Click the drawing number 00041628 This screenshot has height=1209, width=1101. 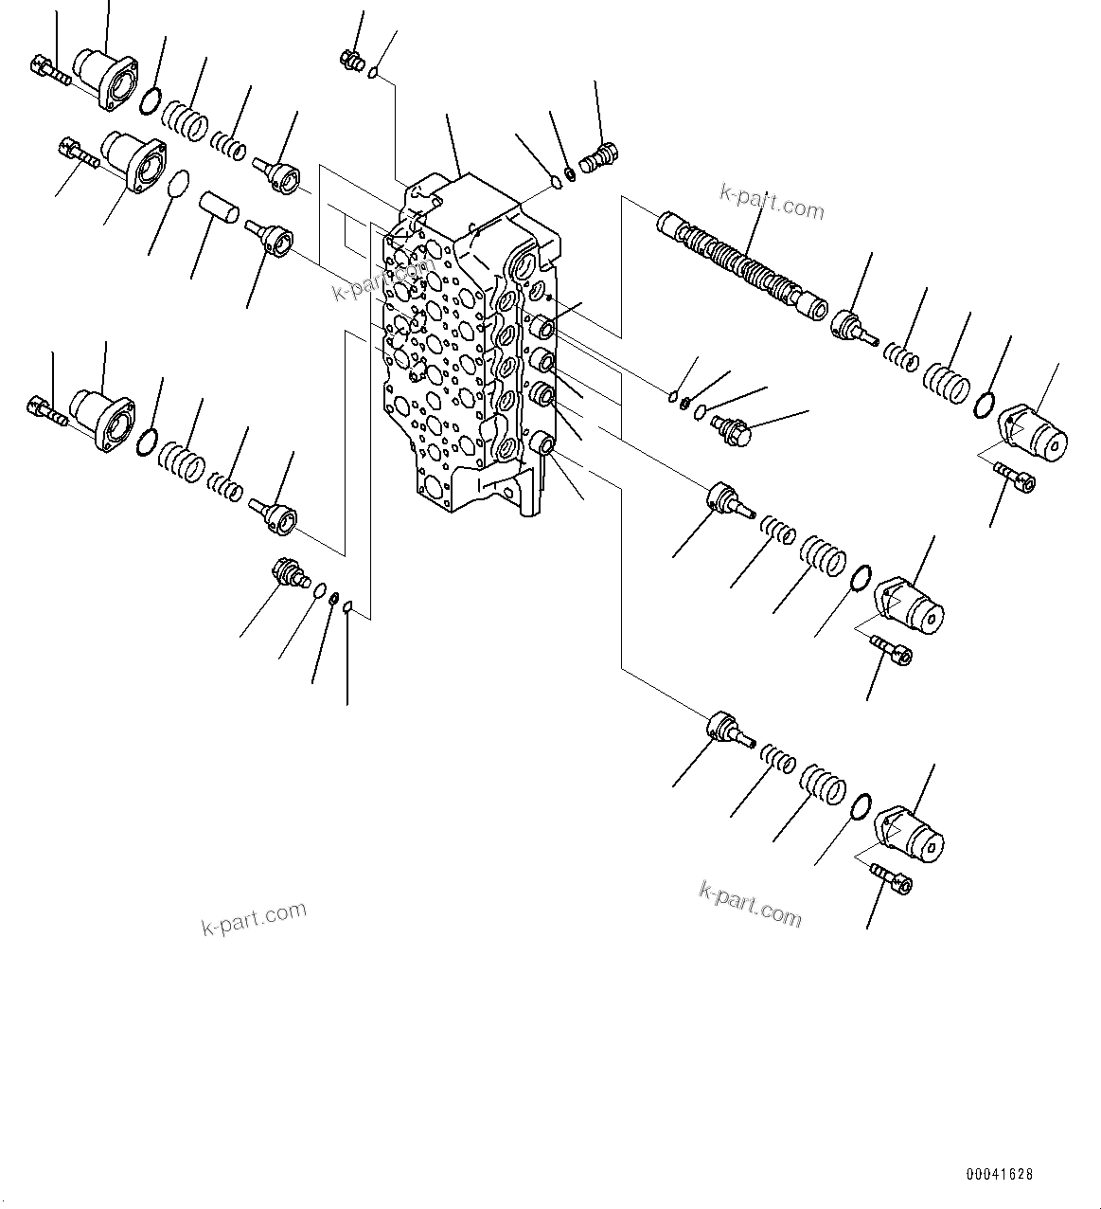click(x=1000, y=1174)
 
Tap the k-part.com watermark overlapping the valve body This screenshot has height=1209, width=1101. click(x=382, y=276)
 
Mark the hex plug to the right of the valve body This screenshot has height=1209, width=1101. click(x=732, y=430)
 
